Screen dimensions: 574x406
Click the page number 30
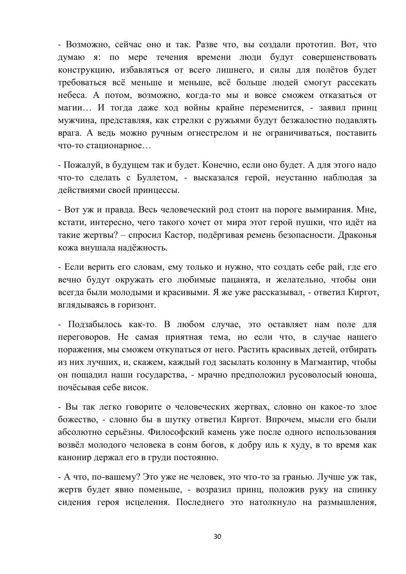coord(217,537)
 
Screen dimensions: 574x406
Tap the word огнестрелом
coord(212,133)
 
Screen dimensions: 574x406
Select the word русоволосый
coord(314,375)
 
